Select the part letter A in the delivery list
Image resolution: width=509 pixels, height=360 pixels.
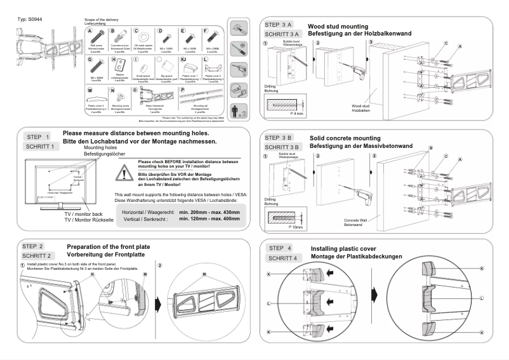point(91,31)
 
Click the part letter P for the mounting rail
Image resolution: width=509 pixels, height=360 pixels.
point(183,90)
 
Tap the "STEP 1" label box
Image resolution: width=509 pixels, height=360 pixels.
point(37,137)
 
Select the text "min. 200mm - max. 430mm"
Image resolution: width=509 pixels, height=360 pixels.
point(209,212)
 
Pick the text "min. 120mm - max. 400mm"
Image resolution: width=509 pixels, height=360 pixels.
point(209,218)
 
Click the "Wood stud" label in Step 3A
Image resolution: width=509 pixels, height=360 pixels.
point(360,107)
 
